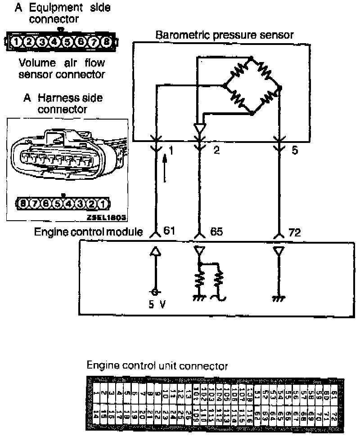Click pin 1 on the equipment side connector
tap(16, 42)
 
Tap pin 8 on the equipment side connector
tap(107, 42)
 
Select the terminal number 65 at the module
tap(216, 232)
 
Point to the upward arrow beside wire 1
tap(165, 169)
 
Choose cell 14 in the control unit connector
tap(97, 414)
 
